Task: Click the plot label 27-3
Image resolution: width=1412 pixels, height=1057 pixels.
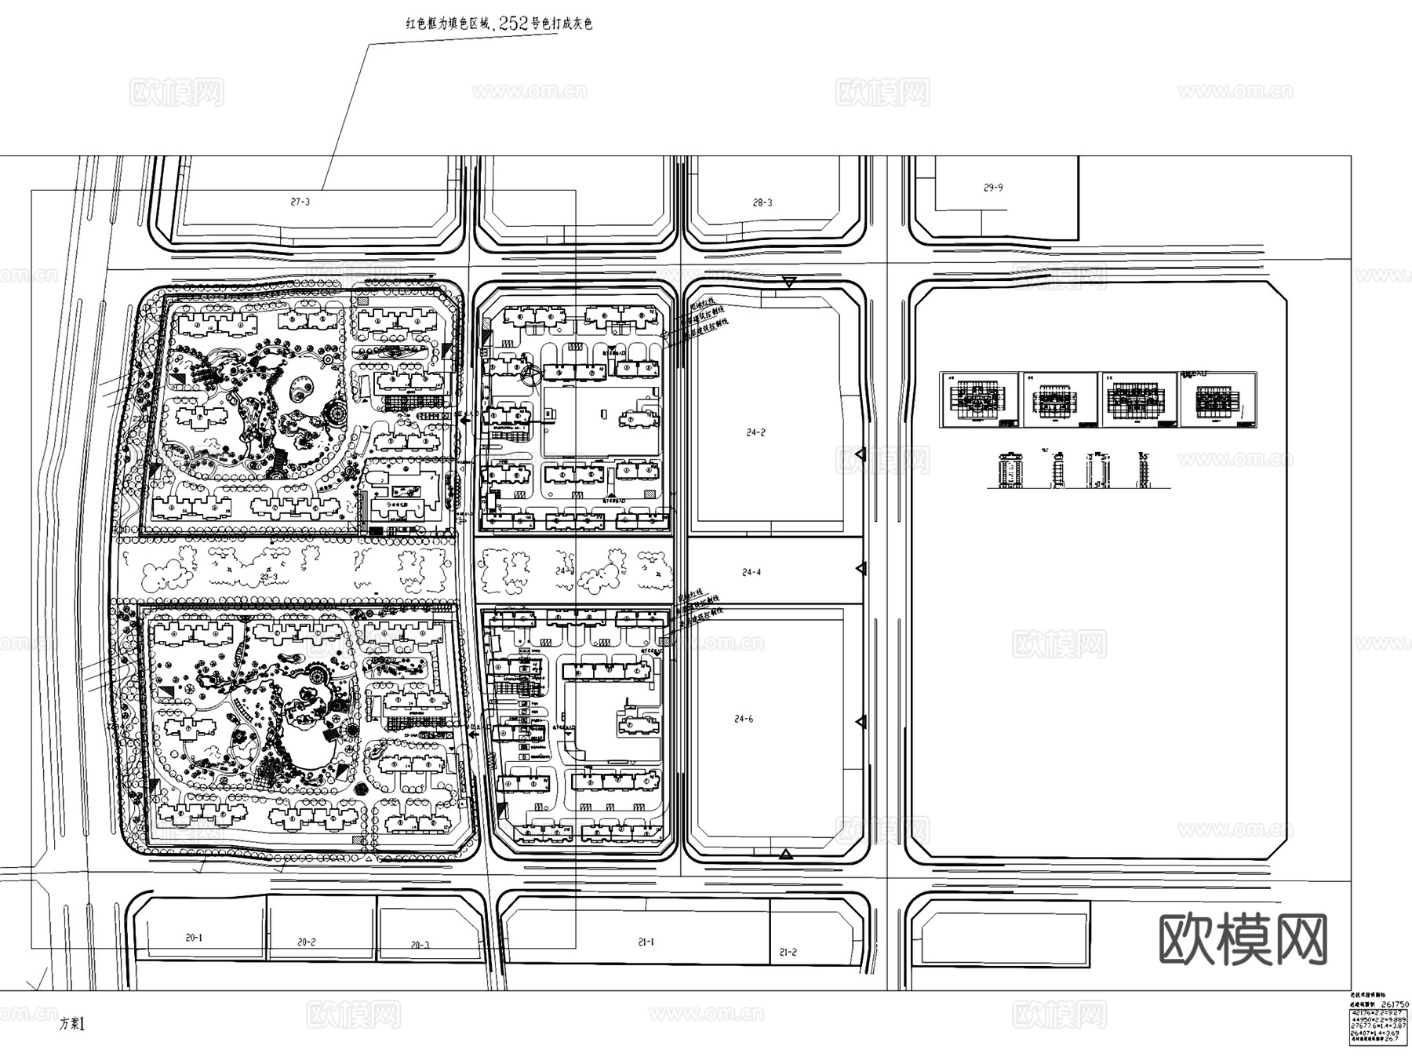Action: point(300,202)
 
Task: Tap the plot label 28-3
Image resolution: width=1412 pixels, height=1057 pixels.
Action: point(762,202)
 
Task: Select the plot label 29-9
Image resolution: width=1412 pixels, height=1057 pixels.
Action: point(993,188)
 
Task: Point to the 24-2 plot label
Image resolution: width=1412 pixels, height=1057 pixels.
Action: point(755,432)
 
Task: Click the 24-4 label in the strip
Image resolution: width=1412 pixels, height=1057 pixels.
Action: point(751,572)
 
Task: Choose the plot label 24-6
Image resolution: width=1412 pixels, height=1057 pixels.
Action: point(744,719)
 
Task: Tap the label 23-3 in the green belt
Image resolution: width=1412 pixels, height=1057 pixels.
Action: point(269,578)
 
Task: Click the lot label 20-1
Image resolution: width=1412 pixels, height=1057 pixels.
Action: point(194,938)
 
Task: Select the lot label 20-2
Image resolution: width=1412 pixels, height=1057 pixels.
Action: point(306,942)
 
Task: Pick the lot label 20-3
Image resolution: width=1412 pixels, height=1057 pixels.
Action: point(420,945)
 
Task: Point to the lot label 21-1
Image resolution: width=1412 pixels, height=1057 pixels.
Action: point(646,942)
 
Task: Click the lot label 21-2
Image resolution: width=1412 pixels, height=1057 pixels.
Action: point(788,952)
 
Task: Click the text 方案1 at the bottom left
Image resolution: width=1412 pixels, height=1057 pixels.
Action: point(71,1024)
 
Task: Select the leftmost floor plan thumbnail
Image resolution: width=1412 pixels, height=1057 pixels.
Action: point(979,399)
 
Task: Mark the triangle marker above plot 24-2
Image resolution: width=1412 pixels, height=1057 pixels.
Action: point(789,282)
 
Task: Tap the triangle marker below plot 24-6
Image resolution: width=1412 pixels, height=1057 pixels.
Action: point(784,854)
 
